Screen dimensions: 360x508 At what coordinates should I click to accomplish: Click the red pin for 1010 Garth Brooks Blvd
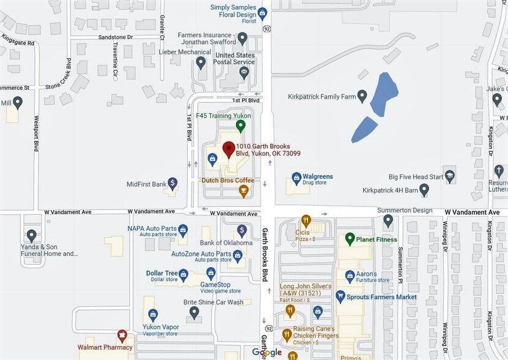pos(228,148)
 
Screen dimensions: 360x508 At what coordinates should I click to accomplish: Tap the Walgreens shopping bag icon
pos(296,178)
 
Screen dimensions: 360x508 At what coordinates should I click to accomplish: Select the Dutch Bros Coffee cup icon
pos(244,191)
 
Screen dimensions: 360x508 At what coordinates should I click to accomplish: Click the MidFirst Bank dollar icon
pos(173,182)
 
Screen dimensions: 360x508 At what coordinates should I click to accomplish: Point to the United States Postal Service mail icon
pos(244,73)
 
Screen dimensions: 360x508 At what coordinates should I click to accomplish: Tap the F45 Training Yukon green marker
pos(241,126)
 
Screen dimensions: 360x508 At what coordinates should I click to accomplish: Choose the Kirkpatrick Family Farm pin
pos(362,96)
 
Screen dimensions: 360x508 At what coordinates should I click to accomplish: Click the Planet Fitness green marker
pos(350,239)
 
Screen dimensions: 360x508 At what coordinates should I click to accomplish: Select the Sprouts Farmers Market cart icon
pos(341,296)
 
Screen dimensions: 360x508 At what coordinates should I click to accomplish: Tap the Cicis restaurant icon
pos(306,221)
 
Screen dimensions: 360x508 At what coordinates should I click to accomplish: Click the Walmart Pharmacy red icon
pos(122,336)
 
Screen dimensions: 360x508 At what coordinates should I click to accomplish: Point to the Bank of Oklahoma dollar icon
pos(242,231)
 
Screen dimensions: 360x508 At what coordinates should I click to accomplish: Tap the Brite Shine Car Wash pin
pos(195,312)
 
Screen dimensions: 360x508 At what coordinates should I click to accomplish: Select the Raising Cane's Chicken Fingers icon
pos(286,335)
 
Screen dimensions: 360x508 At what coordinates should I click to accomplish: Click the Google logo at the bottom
pos(267,352)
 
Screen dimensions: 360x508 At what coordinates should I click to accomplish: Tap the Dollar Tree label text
pos(162,273)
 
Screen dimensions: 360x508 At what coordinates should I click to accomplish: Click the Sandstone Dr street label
pos(116,37)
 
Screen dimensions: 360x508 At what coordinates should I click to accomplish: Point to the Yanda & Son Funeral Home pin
pos(32,234)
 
